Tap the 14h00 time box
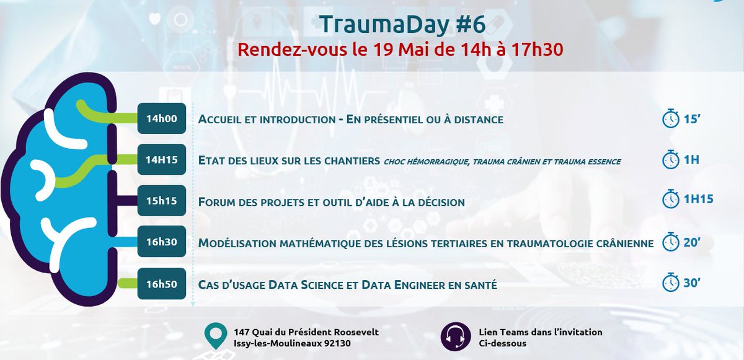(x=162, y=118)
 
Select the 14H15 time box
(x=162, y=160)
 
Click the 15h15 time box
(x=162, y=201)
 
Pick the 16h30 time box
(x=162, y=242)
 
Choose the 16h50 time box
(x=162, y=284)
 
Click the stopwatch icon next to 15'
(x=671, y=118)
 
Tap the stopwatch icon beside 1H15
(x=671, y=199)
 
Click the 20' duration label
(x=694, y=242)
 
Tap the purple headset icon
(x=455, y=336)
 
